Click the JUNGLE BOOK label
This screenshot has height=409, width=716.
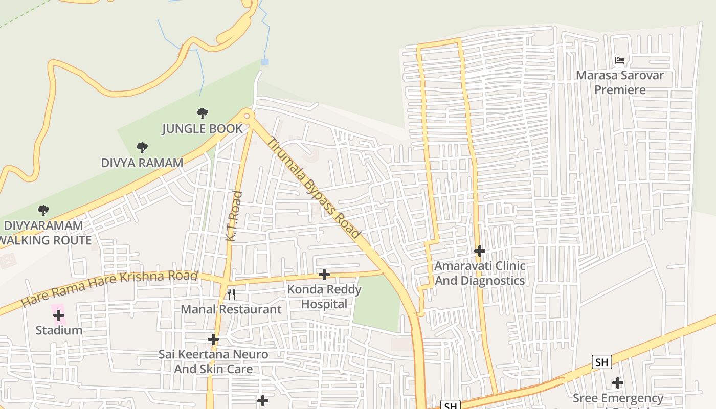[202, 128]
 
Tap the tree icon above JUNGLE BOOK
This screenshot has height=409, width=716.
[203, 113]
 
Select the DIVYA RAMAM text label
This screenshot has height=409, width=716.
[142, 163]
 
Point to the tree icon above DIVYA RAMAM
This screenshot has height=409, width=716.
[142, 148]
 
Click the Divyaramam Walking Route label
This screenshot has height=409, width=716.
[45, 233]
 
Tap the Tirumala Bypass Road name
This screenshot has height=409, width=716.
[314, 188]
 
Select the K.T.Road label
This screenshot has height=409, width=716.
[234, 216]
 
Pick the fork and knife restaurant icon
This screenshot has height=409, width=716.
[231, 294]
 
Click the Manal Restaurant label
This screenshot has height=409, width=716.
[231, 309]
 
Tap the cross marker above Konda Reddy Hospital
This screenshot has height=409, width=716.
[324, 275]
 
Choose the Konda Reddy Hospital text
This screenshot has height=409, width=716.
[324, 297]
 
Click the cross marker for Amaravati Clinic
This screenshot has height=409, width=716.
[479, 251]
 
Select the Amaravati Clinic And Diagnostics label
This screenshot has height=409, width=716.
[479, 273]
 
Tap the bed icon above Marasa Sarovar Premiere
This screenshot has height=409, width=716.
[619, 60]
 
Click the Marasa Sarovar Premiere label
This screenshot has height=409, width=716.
[619, 82]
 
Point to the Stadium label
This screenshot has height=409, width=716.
[59, 330]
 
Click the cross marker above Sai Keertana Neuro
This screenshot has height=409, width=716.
[213, 339]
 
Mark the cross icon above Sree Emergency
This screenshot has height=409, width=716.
[618, 383]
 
